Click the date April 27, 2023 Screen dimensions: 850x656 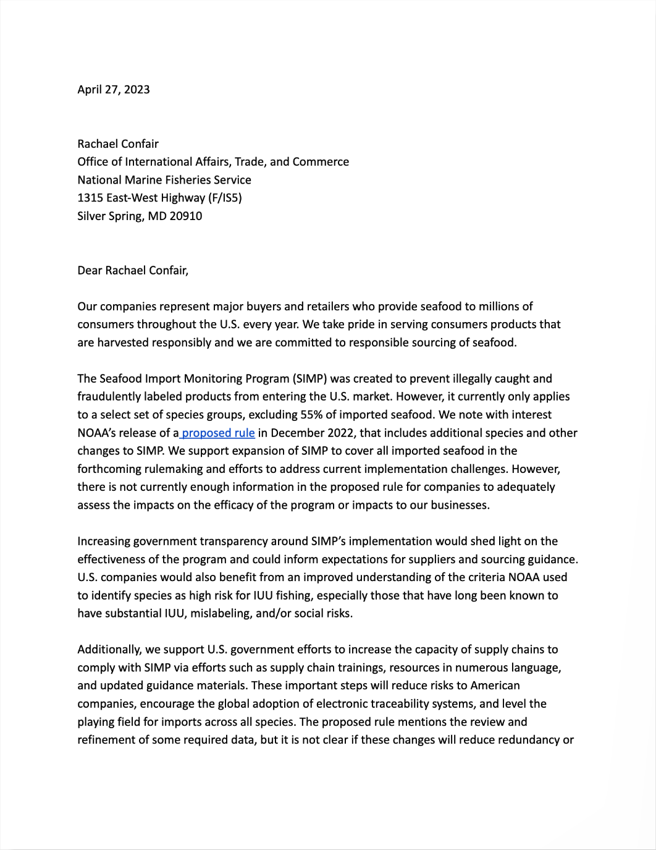coord(114,90)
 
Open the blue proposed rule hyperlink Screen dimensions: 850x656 coord(218,433)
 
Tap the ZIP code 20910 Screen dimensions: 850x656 coord(186,216)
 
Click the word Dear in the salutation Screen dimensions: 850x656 coord(90,270)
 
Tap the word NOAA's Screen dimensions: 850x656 coord(96,433)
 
